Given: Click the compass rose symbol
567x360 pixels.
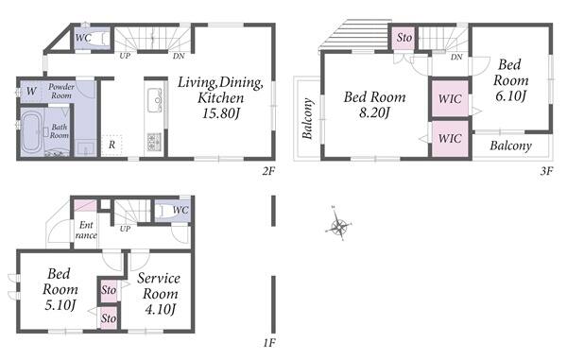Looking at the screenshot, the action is coord(338,225).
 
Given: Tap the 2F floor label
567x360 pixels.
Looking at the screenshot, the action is coord(268,171).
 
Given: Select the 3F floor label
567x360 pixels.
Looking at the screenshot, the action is coord(547,171).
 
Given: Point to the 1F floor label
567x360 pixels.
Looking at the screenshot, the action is coord(269,342).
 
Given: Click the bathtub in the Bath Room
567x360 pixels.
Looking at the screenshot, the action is coord(31,132).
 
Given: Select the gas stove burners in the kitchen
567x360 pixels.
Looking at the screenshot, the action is coord(154,142).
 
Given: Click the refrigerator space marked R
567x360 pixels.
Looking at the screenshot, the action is coord(112,145).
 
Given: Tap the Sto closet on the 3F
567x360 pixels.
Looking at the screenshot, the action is coord(404,38).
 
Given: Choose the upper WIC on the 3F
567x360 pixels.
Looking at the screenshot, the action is coord(450,98).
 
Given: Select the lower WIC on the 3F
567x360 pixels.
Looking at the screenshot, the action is coord(450,139).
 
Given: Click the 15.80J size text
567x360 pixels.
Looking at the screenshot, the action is coord(221,113).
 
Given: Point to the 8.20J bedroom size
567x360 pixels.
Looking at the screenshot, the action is coord(374,112).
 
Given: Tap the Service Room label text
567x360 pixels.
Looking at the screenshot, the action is coord(159,286).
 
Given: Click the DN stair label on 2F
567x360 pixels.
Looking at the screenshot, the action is coord(179,56).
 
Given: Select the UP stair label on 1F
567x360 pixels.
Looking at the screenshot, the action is coord(125,229).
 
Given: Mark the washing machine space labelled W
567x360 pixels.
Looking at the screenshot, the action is coord(31,91).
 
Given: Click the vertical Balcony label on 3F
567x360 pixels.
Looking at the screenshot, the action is coord(307,118).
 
